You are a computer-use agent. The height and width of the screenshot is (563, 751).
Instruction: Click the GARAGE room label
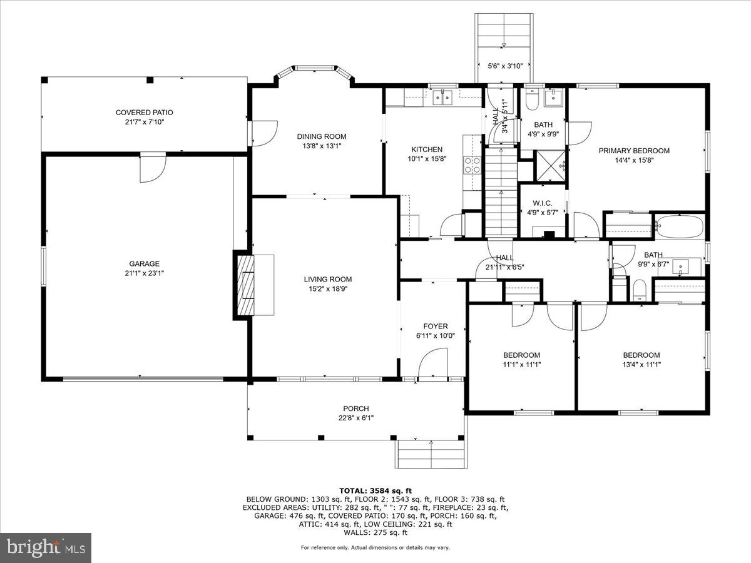(x=145, y=263)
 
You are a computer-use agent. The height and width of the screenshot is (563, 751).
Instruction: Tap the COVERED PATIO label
(x=145, y=113)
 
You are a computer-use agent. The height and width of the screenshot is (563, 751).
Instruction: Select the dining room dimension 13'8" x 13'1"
(x=321, y=146)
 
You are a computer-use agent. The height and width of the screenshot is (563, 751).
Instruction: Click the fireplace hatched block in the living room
(x=245, y=285)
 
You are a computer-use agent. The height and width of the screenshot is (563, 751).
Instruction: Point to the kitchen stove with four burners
(x=472, y=165)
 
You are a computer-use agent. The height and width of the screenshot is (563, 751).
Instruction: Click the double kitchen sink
(x=444, y=97)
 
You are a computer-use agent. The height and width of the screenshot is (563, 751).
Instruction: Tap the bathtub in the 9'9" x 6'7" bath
(x=680, y=226)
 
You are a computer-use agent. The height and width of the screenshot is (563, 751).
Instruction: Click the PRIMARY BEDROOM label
(x=634, y=151)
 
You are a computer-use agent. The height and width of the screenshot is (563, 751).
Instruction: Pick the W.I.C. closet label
(x=542, y=203)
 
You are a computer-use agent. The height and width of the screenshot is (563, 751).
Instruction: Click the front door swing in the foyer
(x=432, y=364)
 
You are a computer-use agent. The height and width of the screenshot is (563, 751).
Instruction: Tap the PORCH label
(x=355, y=408)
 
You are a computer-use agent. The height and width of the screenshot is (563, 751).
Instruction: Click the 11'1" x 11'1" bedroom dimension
(x=521, y=364)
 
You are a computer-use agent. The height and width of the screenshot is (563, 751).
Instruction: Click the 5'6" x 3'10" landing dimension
(x=504, y=66)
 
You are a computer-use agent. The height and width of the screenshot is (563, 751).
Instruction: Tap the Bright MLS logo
(x=46, y=547)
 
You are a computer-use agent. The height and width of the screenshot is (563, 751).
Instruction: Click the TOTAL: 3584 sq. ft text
(x=375, y=490)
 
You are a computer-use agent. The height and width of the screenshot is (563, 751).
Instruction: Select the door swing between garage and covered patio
(x=152, y=169)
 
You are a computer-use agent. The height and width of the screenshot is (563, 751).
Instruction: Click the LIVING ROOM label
(x=328, y=280)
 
